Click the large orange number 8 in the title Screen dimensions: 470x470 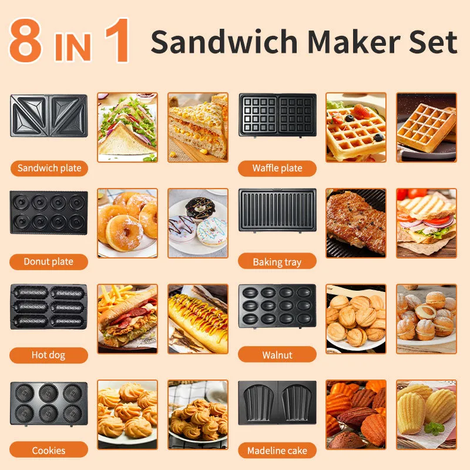pyautogui.click(x=25, y=41)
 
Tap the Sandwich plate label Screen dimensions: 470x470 pyautogui.click(x=49, y=168)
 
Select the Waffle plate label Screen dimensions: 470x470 pyautogui.click(x=277, y=168)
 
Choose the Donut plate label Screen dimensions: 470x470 pyautogui.click(x=49, y=261)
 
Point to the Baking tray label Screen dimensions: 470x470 pyautogui.click(x=277, y=261)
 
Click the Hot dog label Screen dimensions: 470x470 pyautogui.click(x=49, y=355)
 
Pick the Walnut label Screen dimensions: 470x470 pyautogui.click(x=277, y=355)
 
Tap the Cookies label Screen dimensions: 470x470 pyautogui.click(x=49, y=450)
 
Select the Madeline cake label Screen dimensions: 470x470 pyautogui.click(x=277, y=450)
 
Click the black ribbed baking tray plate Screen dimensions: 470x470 pyautogui.click(x=277, y=210)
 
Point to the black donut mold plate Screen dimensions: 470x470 pyautogui.click(x=49, y=213)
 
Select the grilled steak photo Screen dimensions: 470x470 pyautogui.click(x=356, y=223)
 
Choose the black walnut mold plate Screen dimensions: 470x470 pyautogui.click(x=277, y=306)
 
